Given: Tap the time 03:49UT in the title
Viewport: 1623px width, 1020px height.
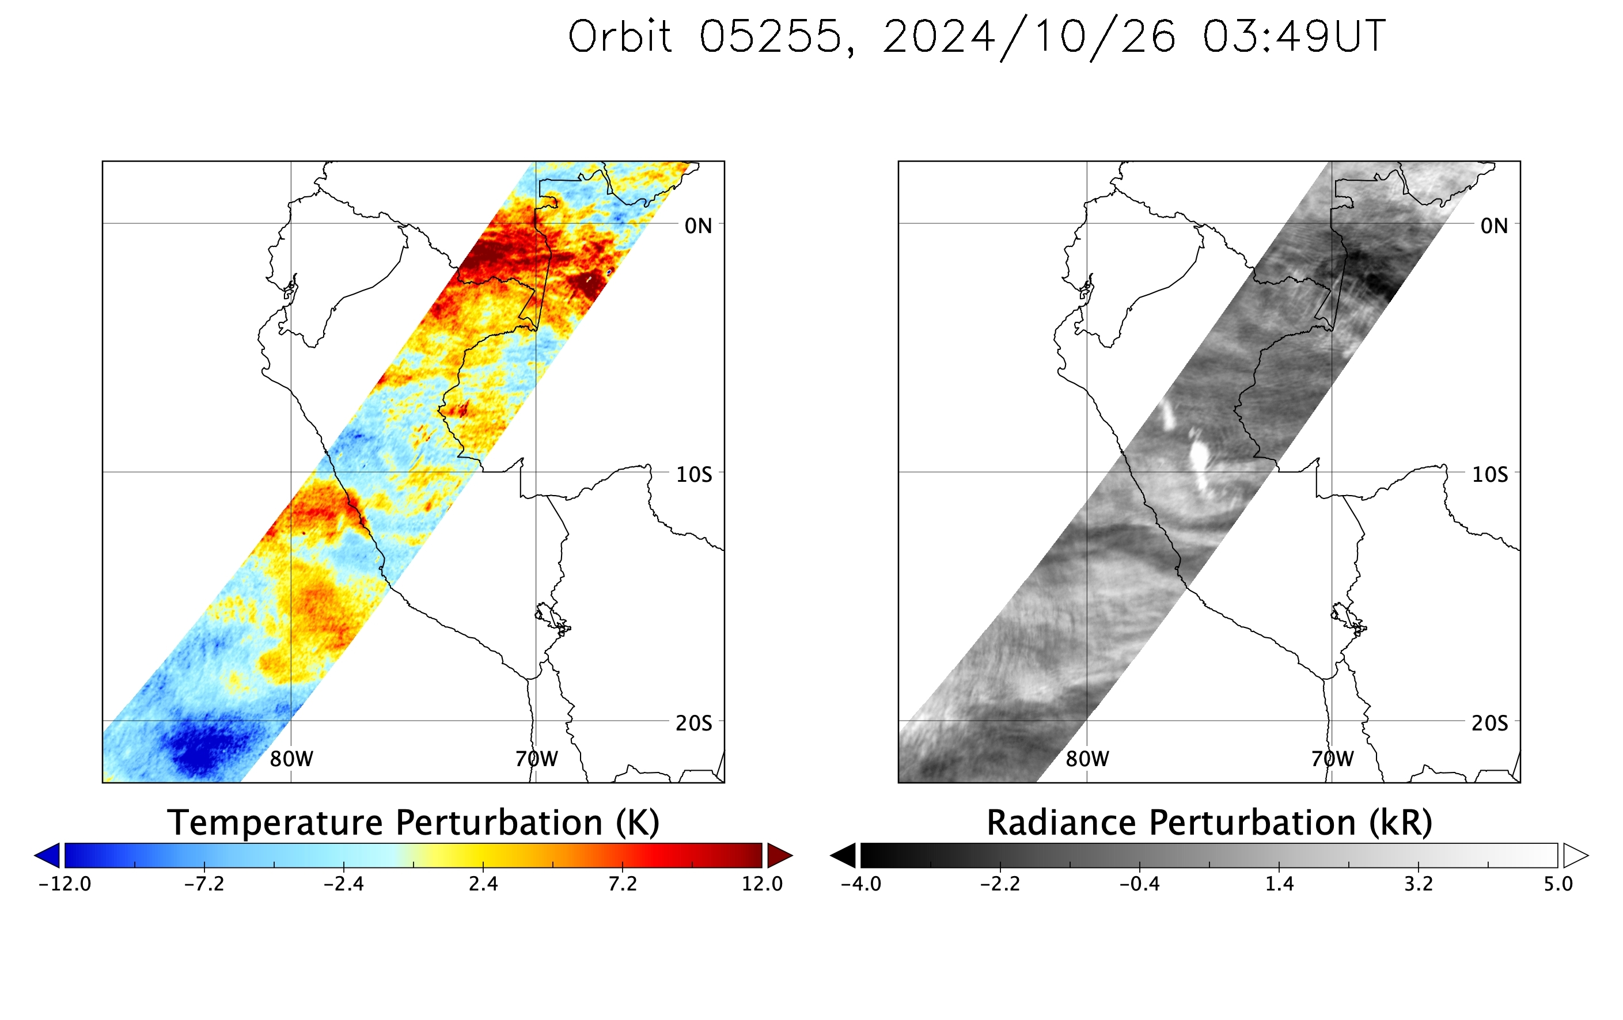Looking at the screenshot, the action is point(1294,36).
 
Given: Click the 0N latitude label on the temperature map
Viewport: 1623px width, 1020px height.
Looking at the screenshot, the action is point(698,226).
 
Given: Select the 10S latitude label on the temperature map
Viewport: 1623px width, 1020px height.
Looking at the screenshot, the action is point(693,475).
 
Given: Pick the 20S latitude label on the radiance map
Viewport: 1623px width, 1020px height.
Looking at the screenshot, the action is point(1489,724).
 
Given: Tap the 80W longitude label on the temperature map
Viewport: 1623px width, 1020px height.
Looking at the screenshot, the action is point(291,759).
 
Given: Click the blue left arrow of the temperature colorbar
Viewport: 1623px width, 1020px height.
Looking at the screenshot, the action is point(47,855).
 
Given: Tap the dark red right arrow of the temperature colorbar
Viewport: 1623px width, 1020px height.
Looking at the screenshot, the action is point(780,855).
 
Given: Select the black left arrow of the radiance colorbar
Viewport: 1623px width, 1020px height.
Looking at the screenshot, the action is point(843,855).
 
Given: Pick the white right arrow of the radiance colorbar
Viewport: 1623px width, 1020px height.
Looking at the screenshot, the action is point(1576,855).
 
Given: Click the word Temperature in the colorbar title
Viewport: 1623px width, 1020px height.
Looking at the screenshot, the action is point(277,823).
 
